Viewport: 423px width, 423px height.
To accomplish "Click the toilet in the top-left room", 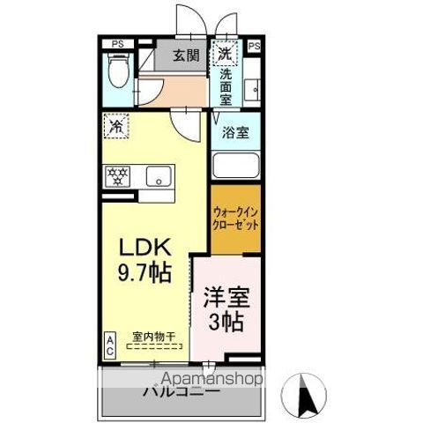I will click(x=116, y=67).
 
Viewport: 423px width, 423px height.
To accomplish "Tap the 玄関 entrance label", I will click(x=185, y=56).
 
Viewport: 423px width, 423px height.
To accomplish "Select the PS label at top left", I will click(x=117, y=43).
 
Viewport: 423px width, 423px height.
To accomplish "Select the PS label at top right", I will click(x=255, y=44).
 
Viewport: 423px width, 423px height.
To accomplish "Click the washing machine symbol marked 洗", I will click(x=226, y=54).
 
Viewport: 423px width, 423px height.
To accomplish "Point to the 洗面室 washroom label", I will click(x=226, y=87).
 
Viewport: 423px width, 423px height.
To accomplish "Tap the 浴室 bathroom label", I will click(x=235, y=135).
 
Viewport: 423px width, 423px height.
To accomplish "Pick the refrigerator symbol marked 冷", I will click(x=115, y=127).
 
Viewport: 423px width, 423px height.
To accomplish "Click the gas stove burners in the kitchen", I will click(x=118, y=174).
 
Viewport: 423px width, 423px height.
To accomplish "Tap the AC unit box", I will click(x=110, y=344).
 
